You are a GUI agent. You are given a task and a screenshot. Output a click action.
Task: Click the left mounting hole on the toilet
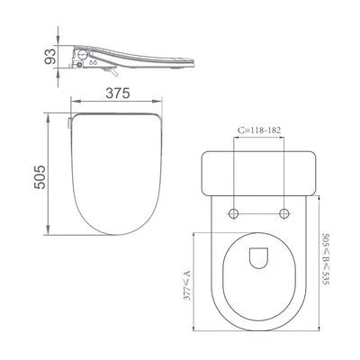tap(234, 212)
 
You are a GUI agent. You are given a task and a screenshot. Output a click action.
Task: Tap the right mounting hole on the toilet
tap(285, 212)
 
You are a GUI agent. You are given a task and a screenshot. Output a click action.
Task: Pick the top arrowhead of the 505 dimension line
tap(47, 115)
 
